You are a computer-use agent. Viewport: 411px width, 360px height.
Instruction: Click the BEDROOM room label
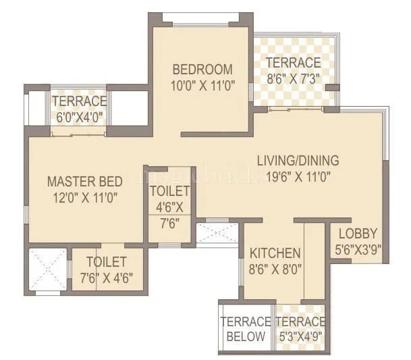pos(202,70)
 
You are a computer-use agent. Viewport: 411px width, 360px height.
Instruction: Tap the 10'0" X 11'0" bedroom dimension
pos(202,85)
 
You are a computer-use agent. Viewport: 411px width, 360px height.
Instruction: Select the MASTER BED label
pos(84,181)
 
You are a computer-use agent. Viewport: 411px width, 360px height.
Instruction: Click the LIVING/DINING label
pos(298,161)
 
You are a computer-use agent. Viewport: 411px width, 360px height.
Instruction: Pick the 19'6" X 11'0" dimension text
pos(298,177)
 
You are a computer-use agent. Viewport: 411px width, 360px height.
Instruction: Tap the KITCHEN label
pos(275,253)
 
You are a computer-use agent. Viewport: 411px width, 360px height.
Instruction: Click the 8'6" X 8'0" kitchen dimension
pos(275,268)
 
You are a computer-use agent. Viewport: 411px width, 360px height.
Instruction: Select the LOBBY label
pos(358,234)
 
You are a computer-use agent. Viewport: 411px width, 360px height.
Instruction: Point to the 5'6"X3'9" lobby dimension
pos(358,249)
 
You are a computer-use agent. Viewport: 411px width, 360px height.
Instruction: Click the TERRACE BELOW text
pos(246,329)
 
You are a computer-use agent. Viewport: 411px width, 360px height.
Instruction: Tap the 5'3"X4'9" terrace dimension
pos(300,336)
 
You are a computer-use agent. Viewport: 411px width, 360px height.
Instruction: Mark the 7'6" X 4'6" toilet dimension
pos(108,278)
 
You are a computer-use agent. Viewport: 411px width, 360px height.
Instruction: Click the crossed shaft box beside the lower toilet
pos(47,271)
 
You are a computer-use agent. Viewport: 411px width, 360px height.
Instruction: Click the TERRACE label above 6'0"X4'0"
pos(80,101)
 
